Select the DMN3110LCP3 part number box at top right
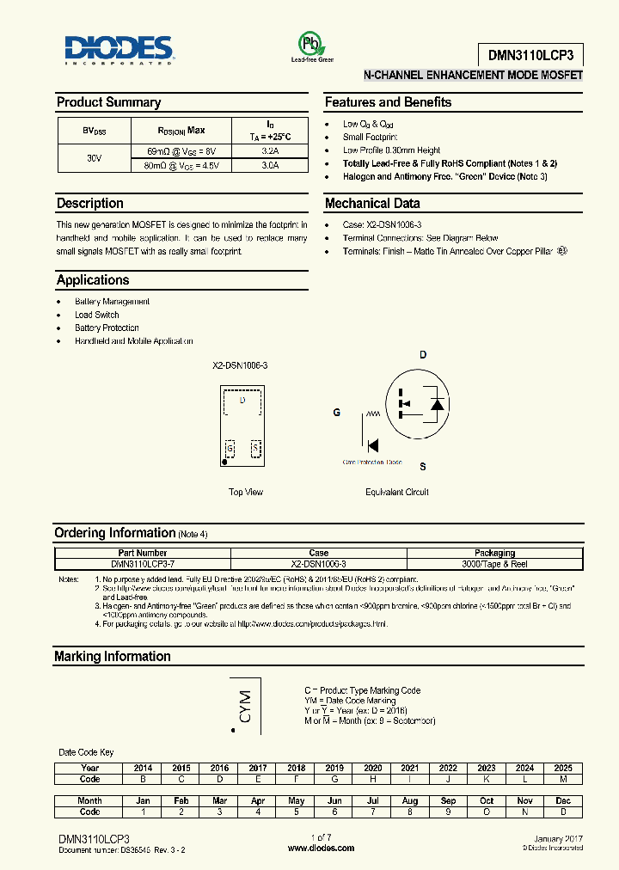pyautogui.click(x=530, y=55)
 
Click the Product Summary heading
pyautogui.click(x=108, y=102)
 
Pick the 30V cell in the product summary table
pyautogui.click(x=94, y=158)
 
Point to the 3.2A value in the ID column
pyautogui.click(x=269, y=151)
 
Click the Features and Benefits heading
pyautogui.click(x=388, y=102)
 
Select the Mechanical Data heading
pyautogui.click(x=372, y=204)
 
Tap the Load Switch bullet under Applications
pyautogui.click(x=96, y=315)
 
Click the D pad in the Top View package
pyautogui.click(x=242, y=401)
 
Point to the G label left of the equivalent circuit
pyautogui.click(x=337, y=413)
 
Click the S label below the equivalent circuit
pyautogui.click(x=422, y=467)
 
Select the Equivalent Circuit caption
pyautogui.click(x=396, y=493)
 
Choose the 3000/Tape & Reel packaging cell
pyautogui.click(x=495, y=564)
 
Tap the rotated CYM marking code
pyautogui.click(x=245, y=706)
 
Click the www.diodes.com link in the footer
pyautogui.click(x=321, y=848)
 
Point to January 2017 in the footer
pyautogui.click(x=558, y=838)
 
